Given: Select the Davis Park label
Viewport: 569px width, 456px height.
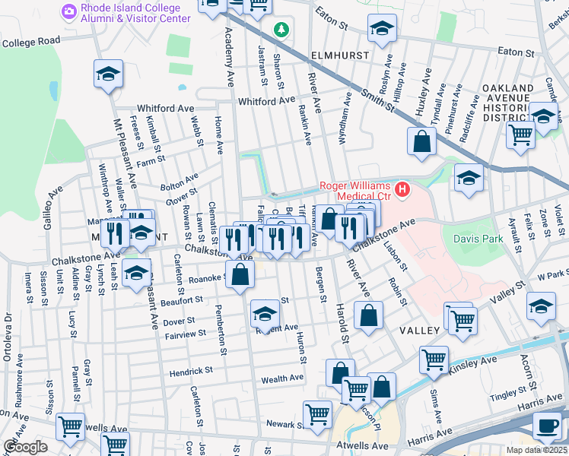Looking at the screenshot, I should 478,238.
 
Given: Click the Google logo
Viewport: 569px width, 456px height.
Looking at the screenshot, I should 25,447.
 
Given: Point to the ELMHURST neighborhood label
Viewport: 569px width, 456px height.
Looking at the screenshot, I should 339,55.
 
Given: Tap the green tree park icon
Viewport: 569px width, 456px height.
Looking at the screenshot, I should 282,30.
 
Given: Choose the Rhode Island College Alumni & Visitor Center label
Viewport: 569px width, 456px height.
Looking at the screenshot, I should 125,13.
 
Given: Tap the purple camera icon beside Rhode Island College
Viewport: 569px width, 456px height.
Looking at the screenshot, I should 69,11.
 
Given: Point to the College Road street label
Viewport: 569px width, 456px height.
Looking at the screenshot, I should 30,41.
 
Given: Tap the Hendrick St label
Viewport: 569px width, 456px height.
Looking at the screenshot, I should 191,371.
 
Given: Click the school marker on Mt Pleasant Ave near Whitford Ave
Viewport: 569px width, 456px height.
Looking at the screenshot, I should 108,74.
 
